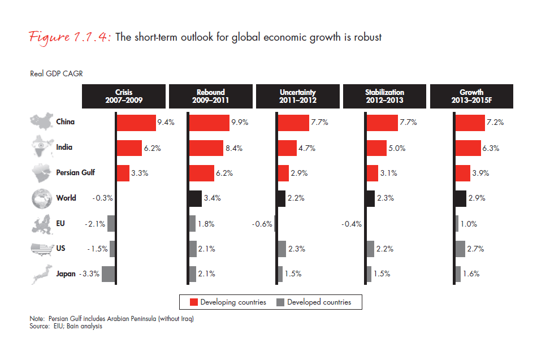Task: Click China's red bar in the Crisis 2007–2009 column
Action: [x=136, y=123]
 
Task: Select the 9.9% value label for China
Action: [x=240, y=123]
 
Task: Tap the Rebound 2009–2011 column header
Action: [x=210, y=96]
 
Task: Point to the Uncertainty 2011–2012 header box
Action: [x=297, y=96]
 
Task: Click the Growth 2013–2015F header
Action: [x=471, y=96]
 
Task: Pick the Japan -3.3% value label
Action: [x=90, y=274]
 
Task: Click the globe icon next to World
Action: [x=42, y=198]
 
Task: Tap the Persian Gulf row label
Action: [x=76, y=173]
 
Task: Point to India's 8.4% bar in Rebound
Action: [x=206, y=148]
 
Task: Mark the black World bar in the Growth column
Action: [x=461, y=198]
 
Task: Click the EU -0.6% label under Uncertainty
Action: [x=262, y=224]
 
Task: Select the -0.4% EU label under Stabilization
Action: [x=352, y=224]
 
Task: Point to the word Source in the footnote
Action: [x=40, y=327]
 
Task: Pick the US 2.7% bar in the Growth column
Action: [x=460, y=249]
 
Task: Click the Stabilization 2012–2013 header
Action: [x=384, y=96]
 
